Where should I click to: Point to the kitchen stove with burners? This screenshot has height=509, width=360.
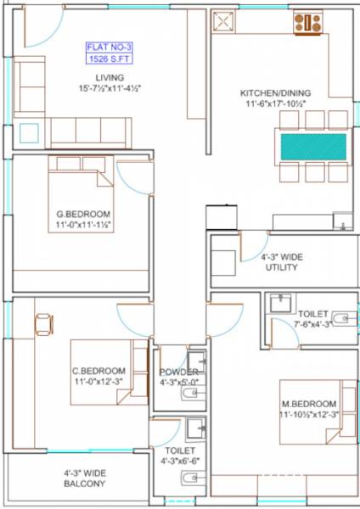[x=307, y=22]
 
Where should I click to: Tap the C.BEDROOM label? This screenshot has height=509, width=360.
[x=98, y=371]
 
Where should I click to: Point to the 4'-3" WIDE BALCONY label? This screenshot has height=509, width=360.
[x=84, y=478]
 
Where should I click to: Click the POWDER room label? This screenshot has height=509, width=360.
[x=178, y=372]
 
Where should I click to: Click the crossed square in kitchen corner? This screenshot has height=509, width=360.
[x=226, y=22]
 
